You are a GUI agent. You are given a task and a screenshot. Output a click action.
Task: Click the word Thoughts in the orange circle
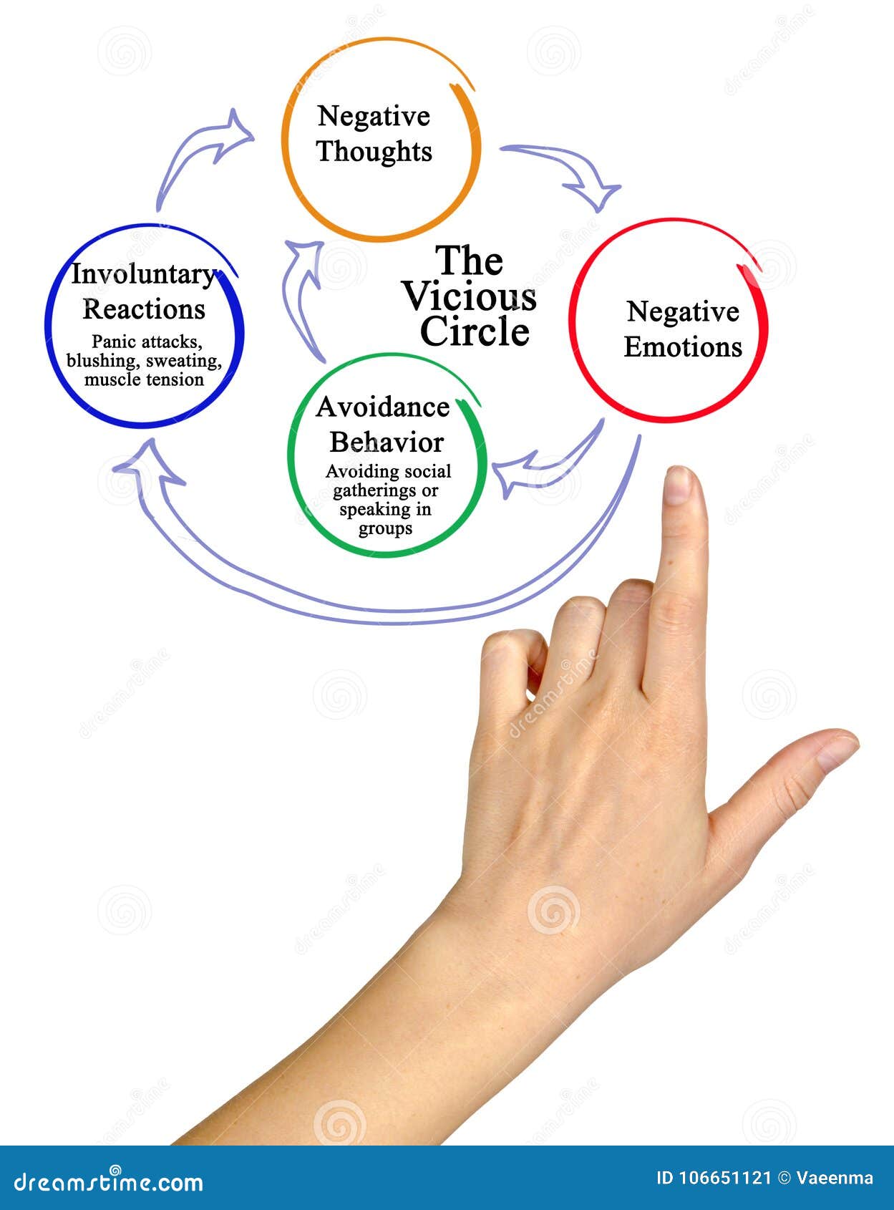[374, 152]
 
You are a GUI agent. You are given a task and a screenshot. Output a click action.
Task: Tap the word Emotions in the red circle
[683, 347]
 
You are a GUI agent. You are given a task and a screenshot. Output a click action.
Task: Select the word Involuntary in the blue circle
[143, 274]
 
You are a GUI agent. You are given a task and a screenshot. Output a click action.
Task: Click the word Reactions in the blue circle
[144, 309]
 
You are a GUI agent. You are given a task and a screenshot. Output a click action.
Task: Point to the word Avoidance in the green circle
[383, 407]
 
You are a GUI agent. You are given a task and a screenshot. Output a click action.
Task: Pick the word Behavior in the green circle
[387, 442]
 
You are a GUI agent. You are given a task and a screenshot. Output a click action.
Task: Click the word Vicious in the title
[470, 296]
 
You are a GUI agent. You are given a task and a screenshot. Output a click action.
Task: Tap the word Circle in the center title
[475, 331]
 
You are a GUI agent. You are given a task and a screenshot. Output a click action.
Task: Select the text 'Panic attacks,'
[146, 342]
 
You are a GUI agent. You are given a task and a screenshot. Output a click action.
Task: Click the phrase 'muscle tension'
[144, 379]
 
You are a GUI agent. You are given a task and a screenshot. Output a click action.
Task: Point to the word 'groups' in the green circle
[385, 529]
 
